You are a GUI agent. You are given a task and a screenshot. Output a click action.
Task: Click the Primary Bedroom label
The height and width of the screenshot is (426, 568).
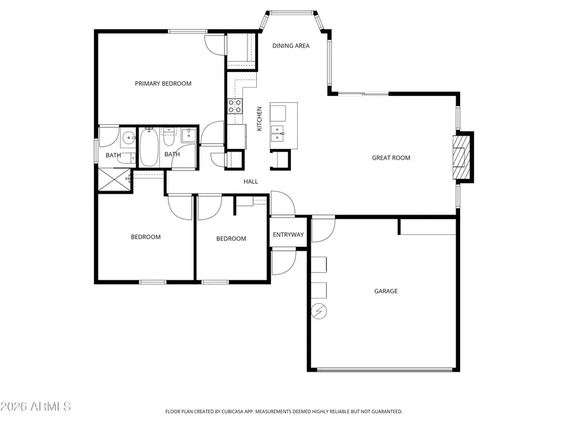pyautogui.click(x=163, y=84)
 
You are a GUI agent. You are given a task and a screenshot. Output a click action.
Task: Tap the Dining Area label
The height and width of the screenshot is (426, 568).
pyautogui.click(x=291, y=45)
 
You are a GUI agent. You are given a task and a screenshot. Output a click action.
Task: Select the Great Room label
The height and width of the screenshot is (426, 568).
pyautogui.click(x=391, y=158)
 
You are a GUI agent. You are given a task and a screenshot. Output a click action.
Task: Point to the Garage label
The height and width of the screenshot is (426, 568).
pyautogui.click(x=386, y=291)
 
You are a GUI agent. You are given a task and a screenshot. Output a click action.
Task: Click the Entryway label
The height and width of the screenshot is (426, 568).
pyautogui.click(x=288, y=235)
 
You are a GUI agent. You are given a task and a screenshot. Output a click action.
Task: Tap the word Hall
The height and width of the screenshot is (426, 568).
pyautogui.click(x=251, y=182)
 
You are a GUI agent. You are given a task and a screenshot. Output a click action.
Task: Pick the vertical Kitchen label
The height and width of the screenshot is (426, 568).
pyautogui.click(x=259, y=119)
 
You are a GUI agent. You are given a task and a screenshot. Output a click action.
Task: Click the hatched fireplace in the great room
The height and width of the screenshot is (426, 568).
pyautogui.click(x=461, y=157)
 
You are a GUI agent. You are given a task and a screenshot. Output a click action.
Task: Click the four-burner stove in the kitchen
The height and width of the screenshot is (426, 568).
pyautogui.click(x=235, y=106)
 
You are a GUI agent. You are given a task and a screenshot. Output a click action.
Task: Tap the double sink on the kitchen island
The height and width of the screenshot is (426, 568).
pyautogui.click(x=278, y=134)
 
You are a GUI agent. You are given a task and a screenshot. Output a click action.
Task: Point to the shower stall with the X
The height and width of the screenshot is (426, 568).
pyautogui.click(x=114, y=179)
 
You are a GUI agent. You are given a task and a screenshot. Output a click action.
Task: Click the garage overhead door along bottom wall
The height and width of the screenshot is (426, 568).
pyautogui.click(x=385, y=370)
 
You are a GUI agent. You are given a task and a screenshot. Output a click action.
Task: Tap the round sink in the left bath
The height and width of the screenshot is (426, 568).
pyautogui.click(x=127, y=138)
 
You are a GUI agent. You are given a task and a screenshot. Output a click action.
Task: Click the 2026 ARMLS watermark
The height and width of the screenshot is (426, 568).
pyautogui.click(x=35, y=406)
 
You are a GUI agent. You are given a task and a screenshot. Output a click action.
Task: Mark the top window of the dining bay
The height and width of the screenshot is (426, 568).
pyautogui.click(x=292, y=13)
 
